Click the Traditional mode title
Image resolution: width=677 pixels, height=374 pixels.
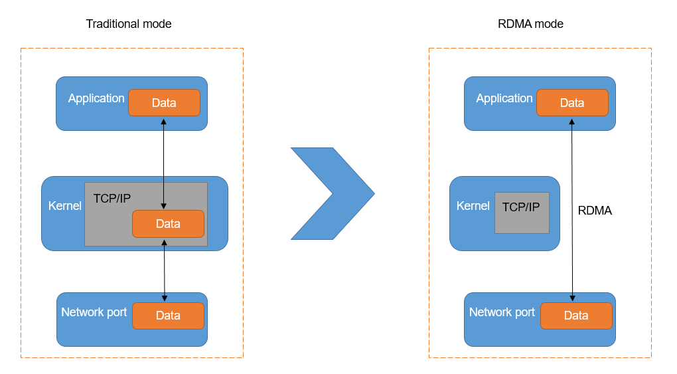click(x=129, y=24)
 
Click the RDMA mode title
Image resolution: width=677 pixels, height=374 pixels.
click(x=530, y=24)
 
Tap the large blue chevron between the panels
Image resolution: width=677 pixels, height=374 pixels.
click(x=333, y=193)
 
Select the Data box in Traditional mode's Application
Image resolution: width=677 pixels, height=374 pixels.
click(x=164, y=103)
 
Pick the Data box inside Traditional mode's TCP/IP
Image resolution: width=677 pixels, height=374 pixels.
click(x=168, y=224)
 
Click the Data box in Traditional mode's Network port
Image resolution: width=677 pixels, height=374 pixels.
click(x=168, y=316)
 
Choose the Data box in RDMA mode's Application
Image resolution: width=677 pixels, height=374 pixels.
click(x=572, y=103)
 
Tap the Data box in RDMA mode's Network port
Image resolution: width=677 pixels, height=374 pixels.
click(x=576, y=316)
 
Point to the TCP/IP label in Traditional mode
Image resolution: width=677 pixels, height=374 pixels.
click(x=112, y=199)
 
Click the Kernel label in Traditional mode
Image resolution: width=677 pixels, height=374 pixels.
click(x=65, y=206)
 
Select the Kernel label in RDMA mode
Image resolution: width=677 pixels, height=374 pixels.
click(x=473, y=206)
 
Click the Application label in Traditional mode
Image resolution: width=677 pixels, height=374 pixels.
click(x=96, y=98)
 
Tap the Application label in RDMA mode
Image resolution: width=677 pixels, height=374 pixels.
click(x=504, y=98)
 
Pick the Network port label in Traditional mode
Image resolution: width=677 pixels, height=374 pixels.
click(x=94, y=312)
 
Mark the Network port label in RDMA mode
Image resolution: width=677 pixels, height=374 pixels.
click(x=502, y=312)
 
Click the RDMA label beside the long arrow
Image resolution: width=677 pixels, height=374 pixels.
click(x=595, y=211)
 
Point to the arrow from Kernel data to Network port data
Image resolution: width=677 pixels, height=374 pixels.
click(x=165, y=269)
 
